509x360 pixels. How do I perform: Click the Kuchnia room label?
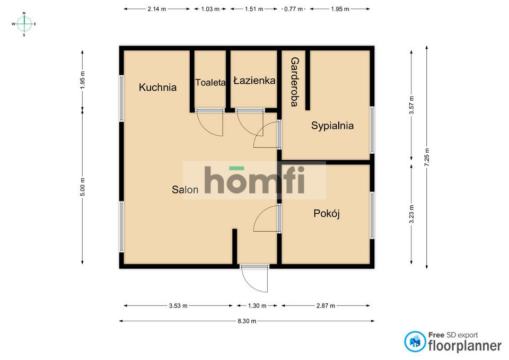point(157,87)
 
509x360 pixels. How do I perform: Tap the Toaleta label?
point(210,83)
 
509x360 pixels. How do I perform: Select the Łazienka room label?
point(254,81)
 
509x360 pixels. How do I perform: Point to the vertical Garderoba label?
point(294,82)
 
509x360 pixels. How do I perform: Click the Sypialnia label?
point(332,126)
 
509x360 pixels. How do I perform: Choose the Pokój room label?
point(327,214)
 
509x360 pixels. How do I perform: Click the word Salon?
point(185,189)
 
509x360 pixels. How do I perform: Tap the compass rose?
point(24,24)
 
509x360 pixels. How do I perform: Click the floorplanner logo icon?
point(415,342)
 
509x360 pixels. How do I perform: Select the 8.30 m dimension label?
point(247,321)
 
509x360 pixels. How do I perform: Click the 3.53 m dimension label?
point(178,305)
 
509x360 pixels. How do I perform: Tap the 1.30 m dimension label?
point(257,305)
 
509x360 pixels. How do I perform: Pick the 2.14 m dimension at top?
point(157,9)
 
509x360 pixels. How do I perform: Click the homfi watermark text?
point(254,180)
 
